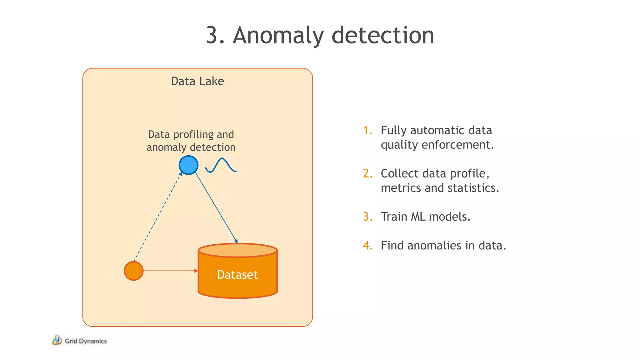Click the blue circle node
coord(188,165)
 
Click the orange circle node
coord(134,271)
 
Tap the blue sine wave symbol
coord(221,165)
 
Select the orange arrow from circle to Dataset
coord(170,271)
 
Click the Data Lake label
coord(197,81)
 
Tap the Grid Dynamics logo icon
coord(57,340)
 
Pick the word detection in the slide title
coord(382,35)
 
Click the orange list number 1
coord(368,130)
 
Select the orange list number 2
coord(368,173)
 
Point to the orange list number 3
coord(368,217)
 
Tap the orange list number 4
coord(368,245)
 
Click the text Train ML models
coord(425,217)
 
